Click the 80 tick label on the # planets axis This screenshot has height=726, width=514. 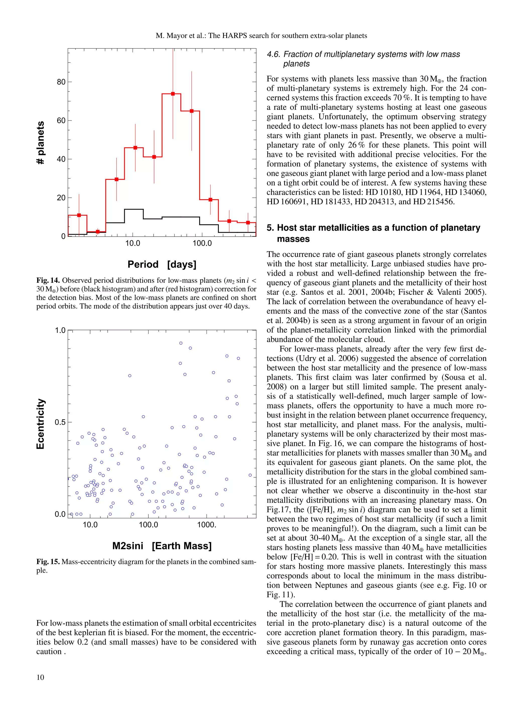tap(61, 82)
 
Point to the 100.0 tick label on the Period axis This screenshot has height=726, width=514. tap(202, 243)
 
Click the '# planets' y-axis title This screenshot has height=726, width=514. tap(40, 143)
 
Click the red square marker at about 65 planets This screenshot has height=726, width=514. tap(191, 111)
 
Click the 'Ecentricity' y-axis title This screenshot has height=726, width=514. tap(40, 424)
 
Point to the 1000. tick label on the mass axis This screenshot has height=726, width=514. tap(206, 525)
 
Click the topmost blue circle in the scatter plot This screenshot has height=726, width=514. tap(181, 343)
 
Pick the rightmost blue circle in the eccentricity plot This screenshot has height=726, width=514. tap(250, 475)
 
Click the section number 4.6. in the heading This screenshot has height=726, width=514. tap(274, 54)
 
